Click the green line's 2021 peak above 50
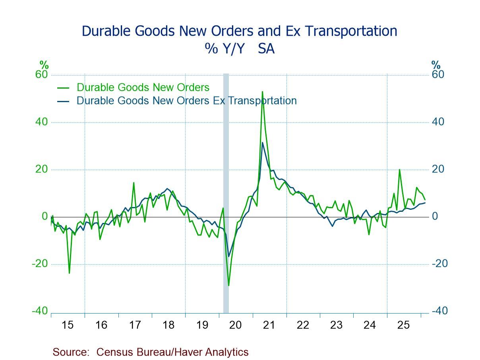click(262, 92)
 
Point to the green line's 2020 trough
click(228, 285)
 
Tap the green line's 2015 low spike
click(69, 273)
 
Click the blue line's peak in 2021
click(262, 143)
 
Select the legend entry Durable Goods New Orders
click(143, 87)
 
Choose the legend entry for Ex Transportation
click(186, 101)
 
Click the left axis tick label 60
click(42, 75)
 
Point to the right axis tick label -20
click(439, 264)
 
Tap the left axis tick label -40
click(40, 311)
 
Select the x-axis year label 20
click(235, 325)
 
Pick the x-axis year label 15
click(68, 325)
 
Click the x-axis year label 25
click(403, 325)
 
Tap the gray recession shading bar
click(226, 191)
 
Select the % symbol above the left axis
click(44, 64)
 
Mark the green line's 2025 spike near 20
click(399, 170)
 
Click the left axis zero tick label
click(45, 217)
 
